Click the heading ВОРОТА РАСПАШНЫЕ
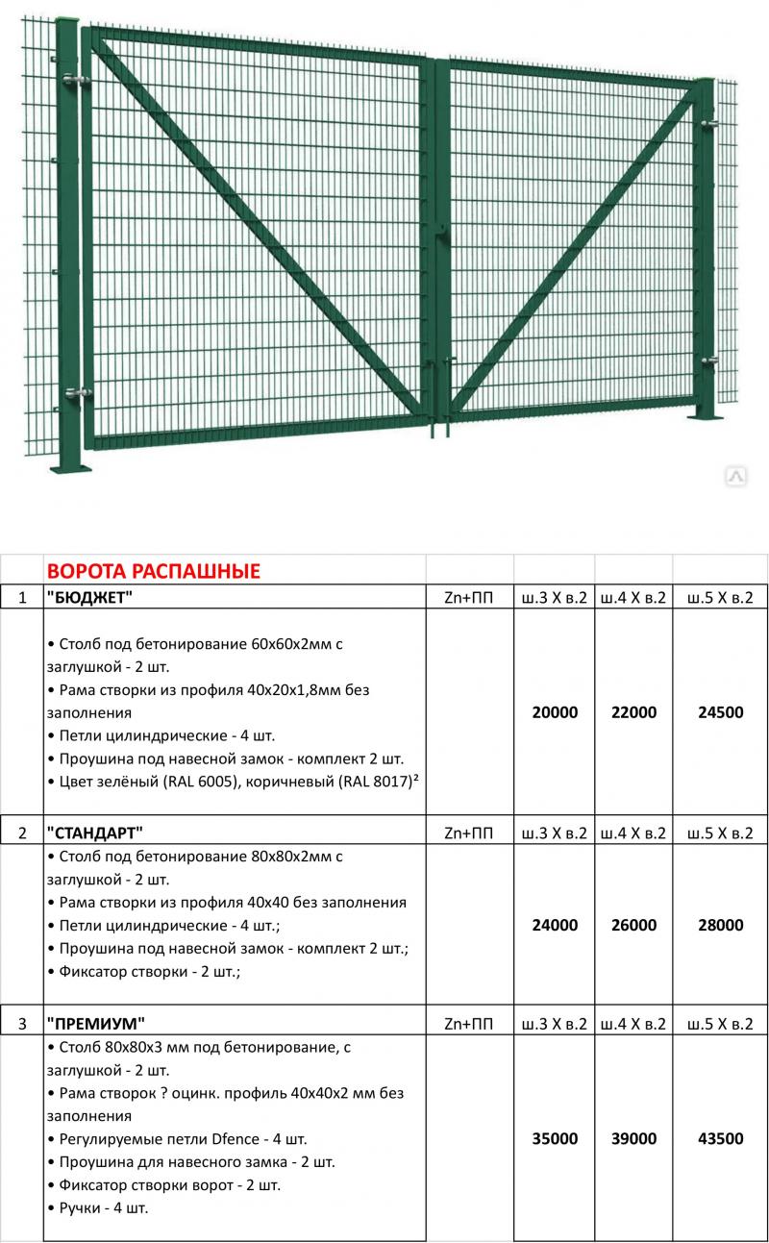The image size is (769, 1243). [x=154, y=571]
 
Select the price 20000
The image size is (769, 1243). [x=555, y=712]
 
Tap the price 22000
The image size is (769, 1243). [x=633, y=712]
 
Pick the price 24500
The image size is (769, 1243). [x=720, y=712]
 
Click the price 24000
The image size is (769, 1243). [x=555, y=925]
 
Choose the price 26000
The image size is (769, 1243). [x=633, y=925]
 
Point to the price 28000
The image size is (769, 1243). [x=720, y=925]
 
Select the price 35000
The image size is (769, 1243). [x=555, y=1138]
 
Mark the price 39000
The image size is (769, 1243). [x=633, y=1138]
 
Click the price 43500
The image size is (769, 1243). [x=720, y=1138]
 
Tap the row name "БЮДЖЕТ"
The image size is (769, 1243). [x=89, y=597]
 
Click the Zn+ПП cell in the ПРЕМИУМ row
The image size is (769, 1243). [x=469, y=1023]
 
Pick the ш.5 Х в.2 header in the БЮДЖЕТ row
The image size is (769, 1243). [x=720, y=597]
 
